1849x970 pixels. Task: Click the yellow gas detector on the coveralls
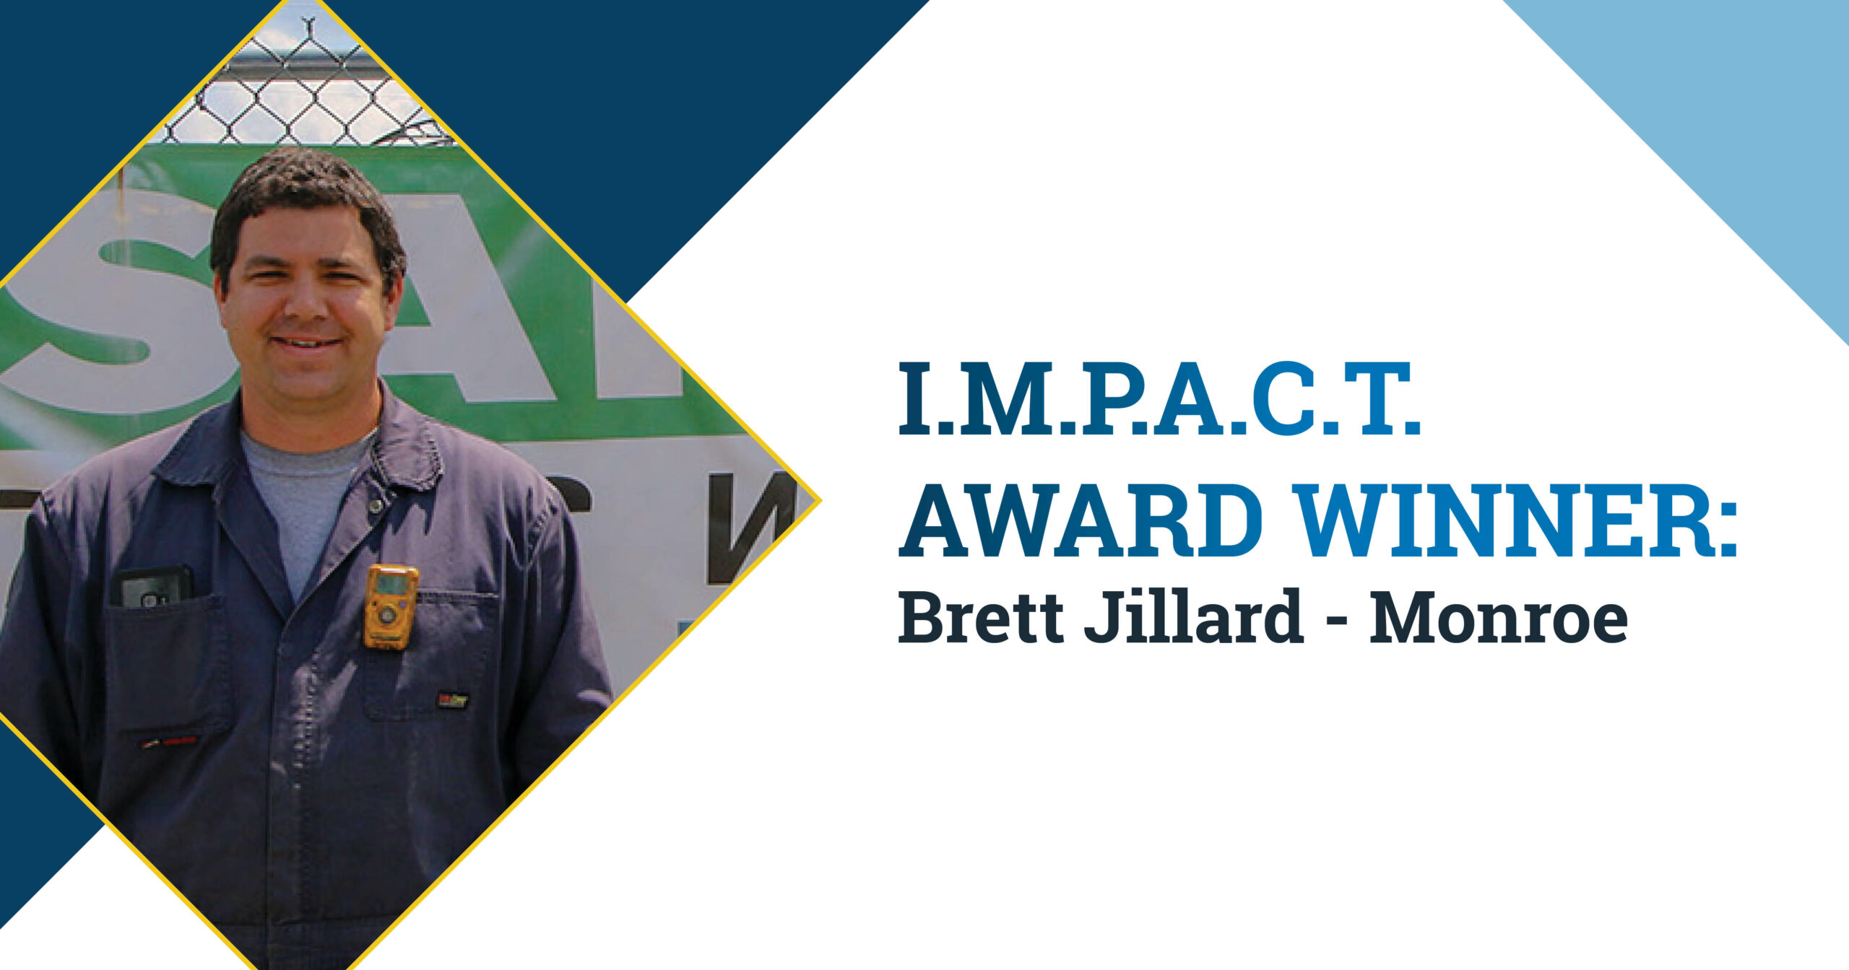(x=391, y=606)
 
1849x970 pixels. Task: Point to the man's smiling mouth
(x=307, y=342)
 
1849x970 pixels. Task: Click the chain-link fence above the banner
(x=303, y=94)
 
